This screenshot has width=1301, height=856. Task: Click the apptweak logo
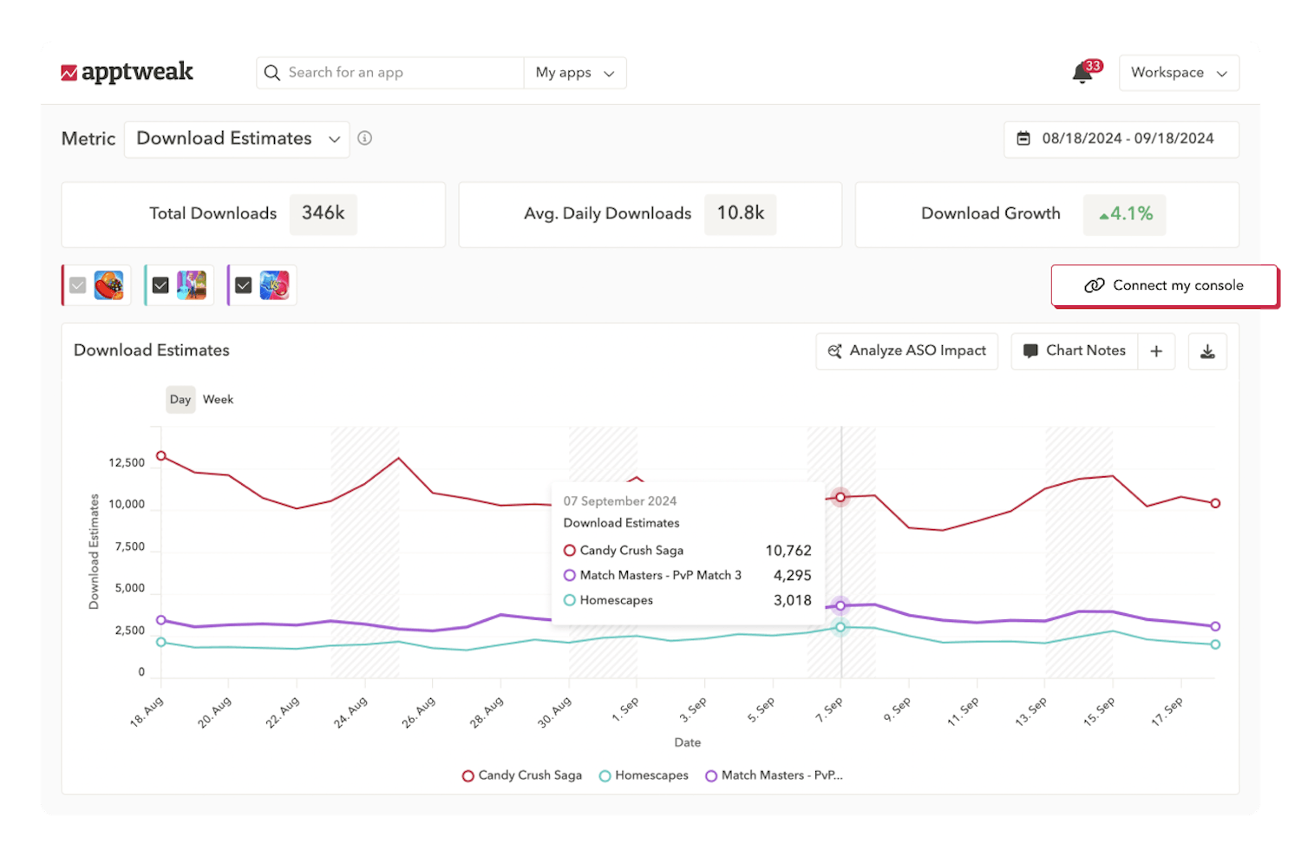point(127,72)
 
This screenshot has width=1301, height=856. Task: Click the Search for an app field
point(390,73)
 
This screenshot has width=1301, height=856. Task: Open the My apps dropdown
point(574,73)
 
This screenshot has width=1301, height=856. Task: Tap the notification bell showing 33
point(1082,73)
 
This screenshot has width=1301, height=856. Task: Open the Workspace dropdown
point(1179,73)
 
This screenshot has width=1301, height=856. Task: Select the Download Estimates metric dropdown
point(237,139)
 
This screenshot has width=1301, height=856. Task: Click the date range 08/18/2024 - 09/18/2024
point(1121,139)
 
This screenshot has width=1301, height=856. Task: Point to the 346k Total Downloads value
point(323,213)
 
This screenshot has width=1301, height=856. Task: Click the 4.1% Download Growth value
point(1125,214)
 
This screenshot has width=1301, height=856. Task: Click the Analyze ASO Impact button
point(907,351)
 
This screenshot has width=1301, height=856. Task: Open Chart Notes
point(1075,351)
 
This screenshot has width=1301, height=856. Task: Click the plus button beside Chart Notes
point(1156,351)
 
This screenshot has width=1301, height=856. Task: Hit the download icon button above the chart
point(1207,351)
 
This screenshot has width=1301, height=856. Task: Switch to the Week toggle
point(218,400)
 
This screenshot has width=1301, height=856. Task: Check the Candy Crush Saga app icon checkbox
point(78,285)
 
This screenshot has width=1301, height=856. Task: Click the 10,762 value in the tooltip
point(788,551)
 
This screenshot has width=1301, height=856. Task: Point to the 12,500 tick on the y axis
point(127,463)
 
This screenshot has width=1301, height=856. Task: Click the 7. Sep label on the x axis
point(829,710)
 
